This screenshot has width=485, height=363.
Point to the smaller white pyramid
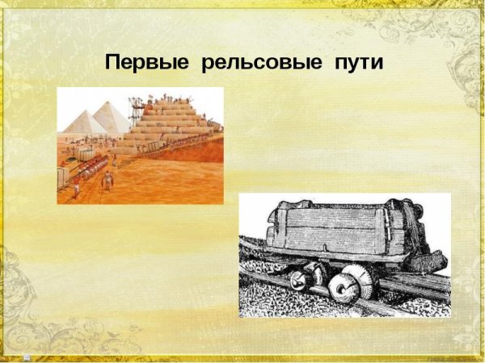(82, 122)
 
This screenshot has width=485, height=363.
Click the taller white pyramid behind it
(110, 116)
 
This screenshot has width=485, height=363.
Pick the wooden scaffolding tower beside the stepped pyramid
(138, 104)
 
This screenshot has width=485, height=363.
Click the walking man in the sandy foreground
(107, 179)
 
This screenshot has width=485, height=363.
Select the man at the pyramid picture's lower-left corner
(76, 189)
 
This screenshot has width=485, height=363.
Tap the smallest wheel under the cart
(297, 280)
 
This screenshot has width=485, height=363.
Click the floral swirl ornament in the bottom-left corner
(28, 323)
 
